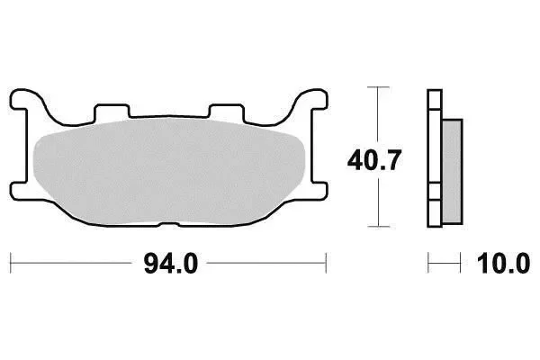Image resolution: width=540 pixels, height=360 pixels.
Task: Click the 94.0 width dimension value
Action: pyautogui.click(x=171, y=263)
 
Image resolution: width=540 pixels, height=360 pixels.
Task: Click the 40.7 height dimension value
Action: pyautogui.click(x=374, y=160)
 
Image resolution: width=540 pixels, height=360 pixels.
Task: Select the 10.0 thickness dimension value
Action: pyautogui.click(x=503, y=263)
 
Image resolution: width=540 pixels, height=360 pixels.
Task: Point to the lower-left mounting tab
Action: pyautogui.click(x=19, y=190)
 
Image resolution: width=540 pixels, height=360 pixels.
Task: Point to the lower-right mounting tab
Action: pyautogui.click(x=319, y=190)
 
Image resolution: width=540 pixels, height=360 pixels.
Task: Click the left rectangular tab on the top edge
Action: pyautogui.click(x=112, y=111)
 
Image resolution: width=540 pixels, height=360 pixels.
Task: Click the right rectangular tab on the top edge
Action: pyautogui.click(x=226, y=111)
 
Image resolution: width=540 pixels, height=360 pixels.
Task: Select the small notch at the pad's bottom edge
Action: pyautogui.click(x=169, y=225)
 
